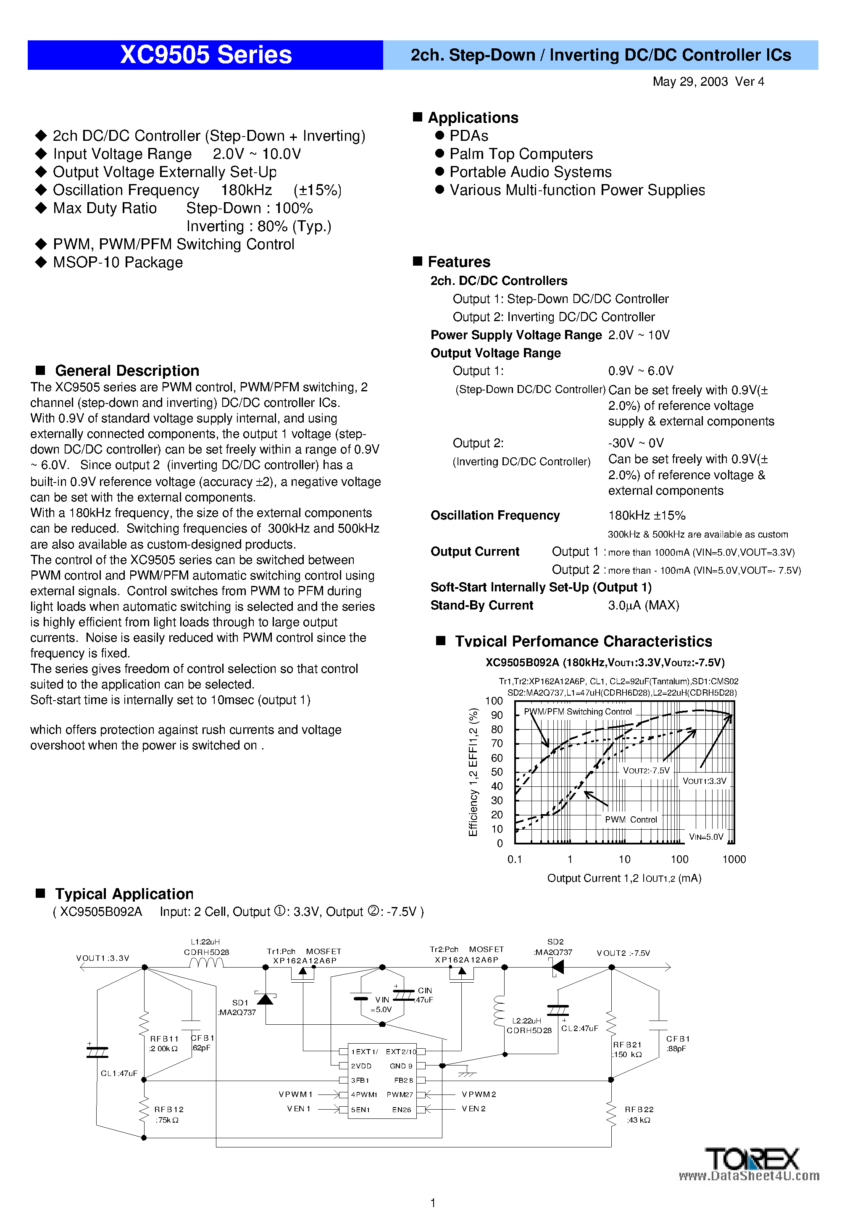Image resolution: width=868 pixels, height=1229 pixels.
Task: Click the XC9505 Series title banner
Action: [x=205, y=55]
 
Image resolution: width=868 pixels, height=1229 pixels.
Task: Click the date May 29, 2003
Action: [x=690, y=82]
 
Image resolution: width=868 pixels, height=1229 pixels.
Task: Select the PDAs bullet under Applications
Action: [x=468, y=136]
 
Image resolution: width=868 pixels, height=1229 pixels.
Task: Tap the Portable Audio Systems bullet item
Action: [x=530, y=172]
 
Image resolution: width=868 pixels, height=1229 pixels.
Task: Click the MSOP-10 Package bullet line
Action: [x=117, y=262]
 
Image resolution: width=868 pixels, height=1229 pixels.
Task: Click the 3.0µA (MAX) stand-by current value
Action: [x=643, y=605]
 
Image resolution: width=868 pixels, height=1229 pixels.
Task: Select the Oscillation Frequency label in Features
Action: [x=495, y=515]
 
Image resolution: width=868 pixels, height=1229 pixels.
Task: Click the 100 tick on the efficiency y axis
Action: [x=493, y=701]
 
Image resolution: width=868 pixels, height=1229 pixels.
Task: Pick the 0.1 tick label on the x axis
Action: [x=514, y=859]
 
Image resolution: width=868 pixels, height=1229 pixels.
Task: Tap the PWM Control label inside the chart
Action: [x=630, y=820]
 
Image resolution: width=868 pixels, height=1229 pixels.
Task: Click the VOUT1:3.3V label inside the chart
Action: [x=704, y=781]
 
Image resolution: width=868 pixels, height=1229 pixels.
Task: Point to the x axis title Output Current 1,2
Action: [x=623, y=878]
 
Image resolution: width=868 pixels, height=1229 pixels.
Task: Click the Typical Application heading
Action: [x=124, y=894]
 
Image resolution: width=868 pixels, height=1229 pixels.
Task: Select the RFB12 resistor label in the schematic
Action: [x=168, y=1110]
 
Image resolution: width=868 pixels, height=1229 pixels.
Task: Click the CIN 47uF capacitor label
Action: [x=425, y=995]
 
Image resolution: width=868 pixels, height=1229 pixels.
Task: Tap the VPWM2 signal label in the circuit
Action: [x=479, y=1094]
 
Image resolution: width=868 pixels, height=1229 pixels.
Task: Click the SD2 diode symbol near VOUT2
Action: [x=558, y=967]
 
